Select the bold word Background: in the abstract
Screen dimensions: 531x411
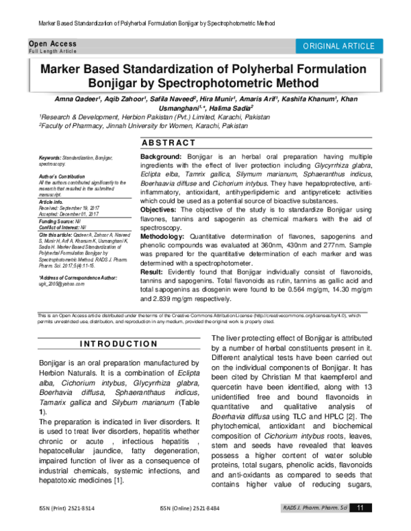pos(161,157)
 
